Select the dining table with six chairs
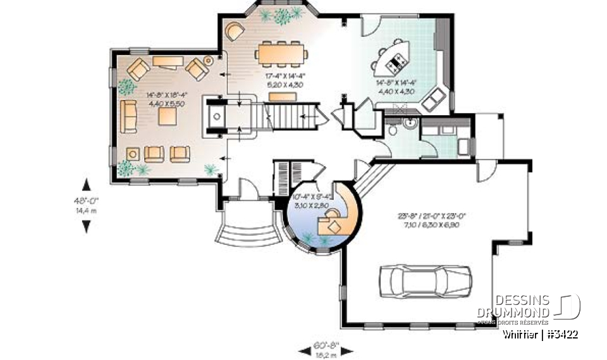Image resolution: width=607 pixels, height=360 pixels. (x=283, y=53)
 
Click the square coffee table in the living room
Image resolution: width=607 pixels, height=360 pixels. (x=167, y=116)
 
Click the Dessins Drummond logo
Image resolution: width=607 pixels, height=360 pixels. (x=537, y=307)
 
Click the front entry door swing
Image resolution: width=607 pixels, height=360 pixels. (x=247, y=188)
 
